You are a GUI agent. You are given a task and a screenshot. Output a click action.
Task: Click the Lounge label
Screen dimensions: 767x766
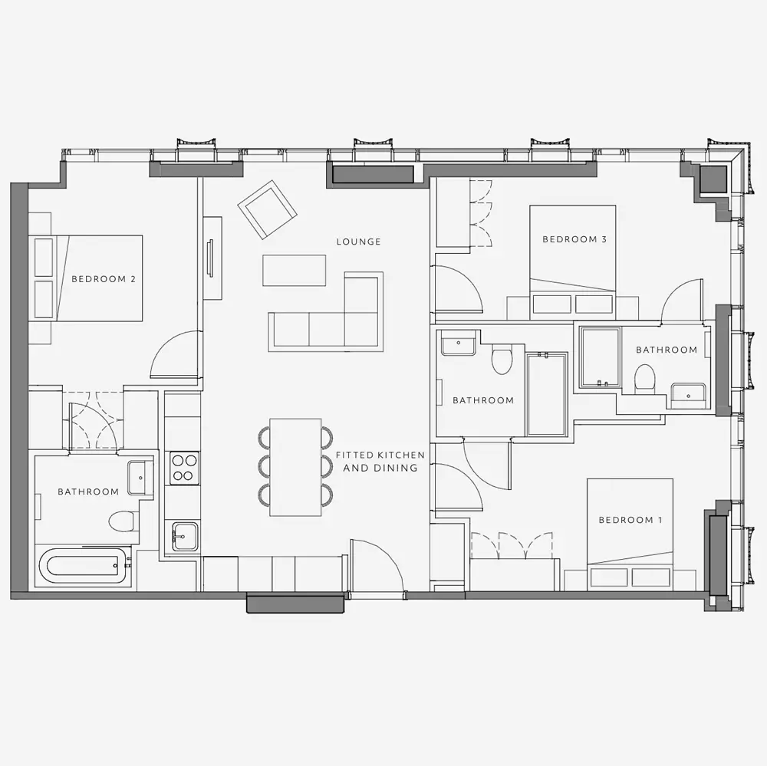coord(358,242)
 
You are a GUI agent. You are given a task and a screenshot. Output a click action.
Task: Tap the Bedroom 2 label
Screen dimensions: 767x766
coord(104,279)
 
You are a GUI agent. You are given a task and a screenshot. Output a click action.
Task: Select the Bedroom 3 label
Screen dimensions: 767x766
coord(574,239)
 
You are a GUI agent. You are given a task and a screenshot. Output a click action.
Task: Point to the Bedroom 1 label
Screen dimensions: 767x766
coord(630,520)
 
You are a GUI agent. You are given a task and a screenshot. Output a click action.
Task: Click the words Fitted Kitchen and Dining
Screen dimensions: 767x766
coord(380,462)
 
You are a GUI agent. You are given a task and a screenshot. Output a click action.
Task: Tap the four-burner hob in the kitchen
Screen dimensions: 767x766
coord(184,468)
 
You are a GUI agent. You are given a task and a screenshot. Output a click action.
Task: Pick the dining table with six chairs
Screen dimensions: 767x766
coord(295,467)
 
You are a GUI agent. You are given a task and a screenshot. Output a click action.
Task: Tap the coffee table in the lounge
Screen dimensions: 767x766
coord(294,270)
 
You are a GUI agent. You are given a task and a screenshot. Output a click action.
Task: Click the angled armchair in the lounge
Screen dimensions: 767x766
coord(268,209)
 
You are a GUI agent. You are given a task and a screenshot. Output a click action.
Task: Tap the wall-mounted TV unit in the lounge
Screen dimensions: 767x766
coord(212,258)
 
